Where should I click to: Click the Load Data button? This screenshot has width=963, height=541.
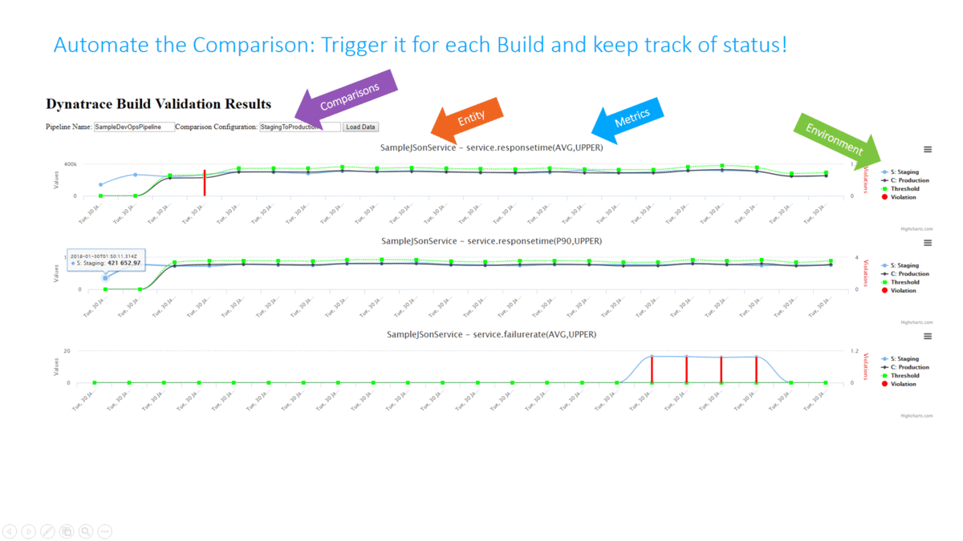tap(360, 127)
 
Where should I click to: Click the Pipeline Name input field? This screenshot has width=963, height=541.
tap(134, 127)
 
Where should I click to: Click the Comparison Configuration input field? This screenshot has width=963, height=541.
tap(299, 127)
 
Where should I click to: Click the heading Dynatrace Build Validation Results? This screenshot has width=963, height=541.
tap(158, 104)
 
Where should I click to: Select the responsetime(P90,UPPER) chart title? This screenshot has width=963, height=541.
tap(491, 240)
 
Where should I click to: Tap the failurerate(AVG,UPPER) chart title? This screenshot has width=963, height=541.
tap(491, 334)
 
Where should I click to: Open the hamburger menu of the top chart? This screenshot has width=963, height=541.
tap(928, 150)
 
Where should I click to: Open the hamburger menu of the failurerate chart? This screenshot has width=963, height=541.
tap(928, 337)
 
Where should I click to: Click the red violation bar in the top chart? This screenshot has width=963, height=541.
tap(205, 183)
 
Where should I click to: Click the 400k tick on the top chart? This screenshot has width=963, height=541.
tap(70, 164)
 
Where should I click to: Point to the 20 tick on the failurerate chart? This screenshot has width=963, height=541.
tap(67, 351)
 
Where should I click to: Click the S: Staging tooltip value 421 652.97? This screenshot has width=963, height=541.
tap(120, 263)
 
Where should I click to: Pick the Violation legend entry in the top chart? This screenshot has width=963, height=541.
tap(903, 197)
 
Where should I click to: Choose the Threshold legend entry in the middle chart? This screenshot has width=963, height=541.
tap(904, 282)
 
